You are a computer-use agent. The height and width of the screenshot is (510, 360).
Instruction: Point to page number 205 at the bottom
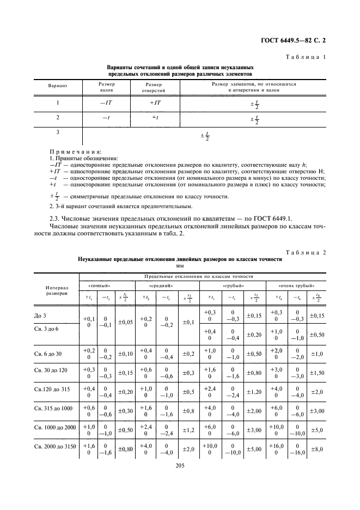point(180,465)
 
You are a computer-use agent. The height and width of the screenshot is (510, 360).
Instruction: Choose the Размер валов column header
point(106,88)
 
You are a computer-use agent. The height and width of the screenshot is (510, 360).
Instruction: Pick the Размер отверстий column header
point(154,88)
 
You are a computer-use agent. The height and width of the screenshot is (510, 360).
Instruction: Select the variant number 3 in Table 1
point(58,132)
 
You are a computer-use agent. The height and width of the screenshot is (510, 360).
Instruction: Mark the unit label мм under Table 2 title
point(180,266)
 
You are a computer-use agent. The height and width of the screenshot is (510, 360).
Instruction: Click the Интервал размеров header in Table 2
point(56,290)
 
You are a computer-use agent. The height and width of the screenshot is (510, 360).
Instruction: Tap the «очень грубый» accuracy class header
point(295,285)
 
